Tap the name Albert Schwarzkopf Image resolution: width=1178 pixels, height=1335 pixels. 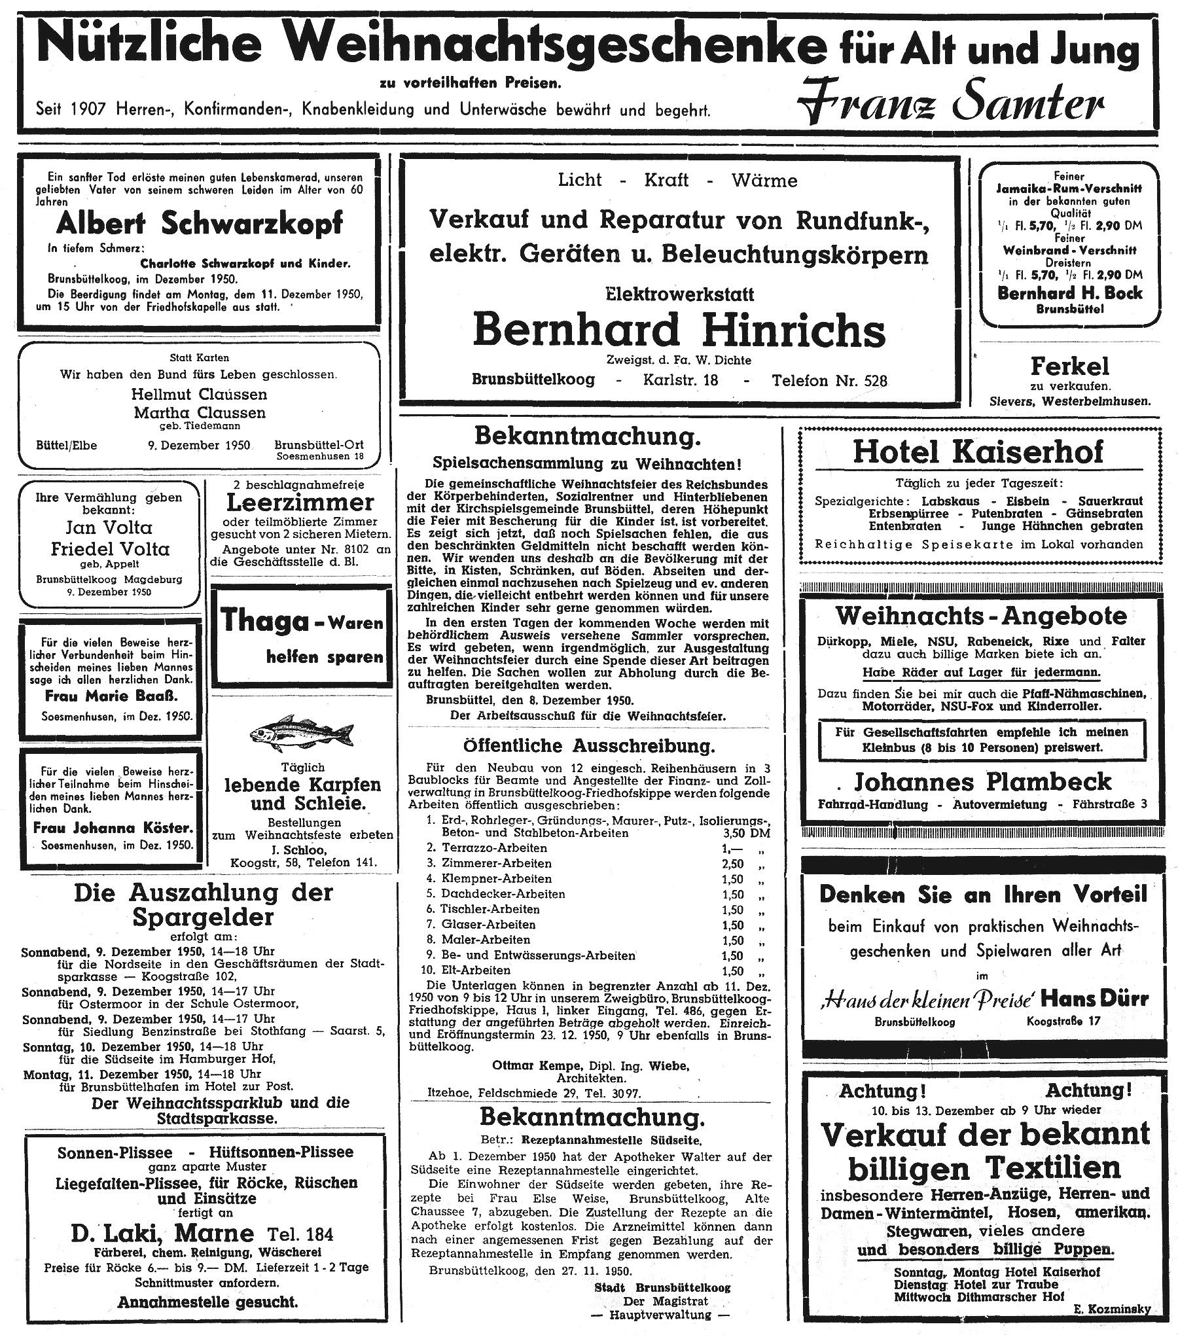pyautogui.click(x=200, y=224)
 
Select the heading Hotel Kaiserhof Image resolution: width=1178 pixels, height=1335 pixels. pyautogui.click(x=978, y=452)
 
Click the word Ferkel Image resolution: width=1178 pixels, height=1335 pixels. pyautogui.click(x=1069, y=366)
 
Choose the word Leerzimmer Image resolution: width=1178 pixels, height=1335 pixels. pyautogui.click(x=300, y=503)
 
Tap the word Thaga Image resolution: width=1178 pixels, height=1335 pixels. pyautogui.click(x=264, y=620)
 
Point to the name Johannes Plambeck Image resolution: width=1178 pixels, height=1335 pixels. pyautogui.click(x=982, y=781)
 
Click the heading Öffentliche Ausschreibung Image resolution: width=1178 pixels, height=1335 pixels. pyautogui.click(x=589, y=746)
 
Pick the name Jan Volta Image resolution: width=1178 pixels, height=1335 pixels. pyautogui.click(x=109, y=527)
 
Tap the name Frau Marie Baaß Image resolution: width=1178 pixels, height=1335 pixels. pyautogui.click(x=111, y=696)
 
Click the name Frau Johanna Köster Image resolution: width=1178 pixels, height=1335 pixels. pyautogui.click(x=113, y=828)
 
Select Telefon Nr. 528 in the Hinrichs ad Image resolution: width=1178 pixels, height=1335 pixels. pyautogui.click(x=829, y=380)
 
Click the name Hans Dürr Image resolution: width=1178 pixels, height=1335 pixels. pyautogui.click(x=1095, y=999)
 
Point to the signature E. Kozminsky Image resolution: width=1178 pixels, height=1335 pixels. pyautogui.click(x=1111, y=1308)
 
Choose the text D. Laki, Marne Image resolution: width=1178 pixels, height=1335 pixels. pyautogui.click(x=162, y=1233)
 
